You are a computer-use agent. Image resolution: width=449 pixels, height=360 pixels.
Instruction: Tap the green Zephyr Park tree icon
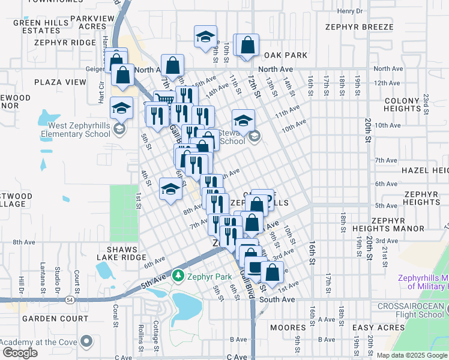pos(178,276)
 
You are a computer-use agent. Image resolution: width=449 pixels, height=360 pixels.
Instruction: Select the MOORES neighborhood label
pos(288,328)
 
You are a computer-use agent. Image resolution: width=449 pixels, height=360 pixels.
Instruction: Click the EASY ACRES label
pos(378,328)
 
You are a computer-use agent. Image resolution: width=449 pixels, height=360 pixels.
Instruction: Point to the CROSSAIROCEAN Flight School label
pos(411,310)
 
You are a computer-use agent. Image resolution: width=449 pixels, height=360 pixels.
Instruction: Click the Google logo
pos(20,353)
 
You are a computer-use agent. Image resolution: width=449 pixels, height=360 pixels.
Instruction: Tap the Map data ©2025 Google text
pos(412,355)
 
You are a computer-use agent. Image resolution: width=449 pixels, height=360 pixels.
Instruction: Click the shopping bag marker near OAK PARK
pos(247,45)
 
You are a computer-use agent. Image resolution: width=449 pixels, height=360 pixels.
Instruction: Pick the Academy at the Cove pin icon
pos(86,341)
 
